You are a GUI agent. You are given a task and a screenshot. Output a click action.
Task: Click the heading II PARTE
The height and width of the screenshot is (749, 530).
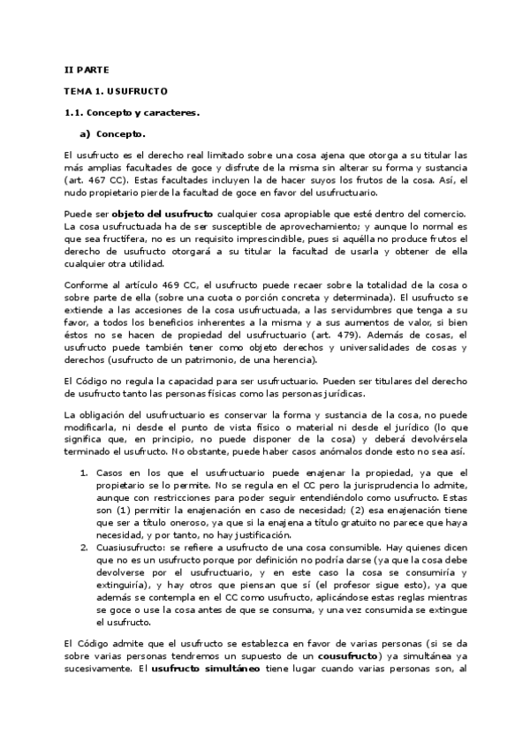[86, 69]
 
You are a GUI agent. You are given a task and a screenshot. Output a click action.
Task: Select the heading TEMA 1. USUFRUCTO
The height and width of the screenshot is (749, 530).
[116, 91]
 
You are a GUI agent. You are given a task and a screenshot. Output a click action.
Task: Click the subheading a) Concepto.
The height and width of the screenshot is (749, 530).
[113, 134]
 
